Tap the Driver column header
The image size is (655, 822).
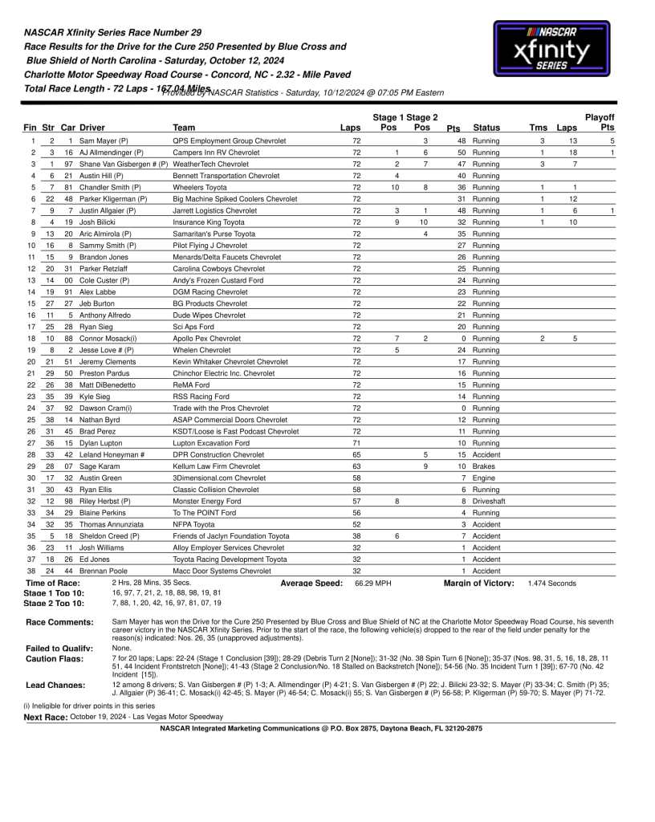[92, 128]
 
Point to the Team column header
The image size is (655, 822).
[184, 128]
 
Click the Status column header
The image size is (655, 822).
[486, 128]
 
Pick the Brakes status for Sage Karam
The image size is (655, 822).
[484, 466]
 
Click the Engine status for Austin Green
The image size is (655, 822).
[484, 478]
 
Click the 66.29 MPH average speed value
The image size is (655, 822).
[372, 583]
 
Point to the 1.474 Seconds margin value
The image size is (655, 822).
[551, 583]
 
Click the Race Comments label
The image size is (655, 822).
[59, 622]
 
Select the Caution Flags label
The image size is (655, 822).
[55, 658]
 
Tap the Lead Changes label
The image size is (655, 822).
[55, 685]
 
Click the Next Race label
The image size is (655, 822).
[45, 716]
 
